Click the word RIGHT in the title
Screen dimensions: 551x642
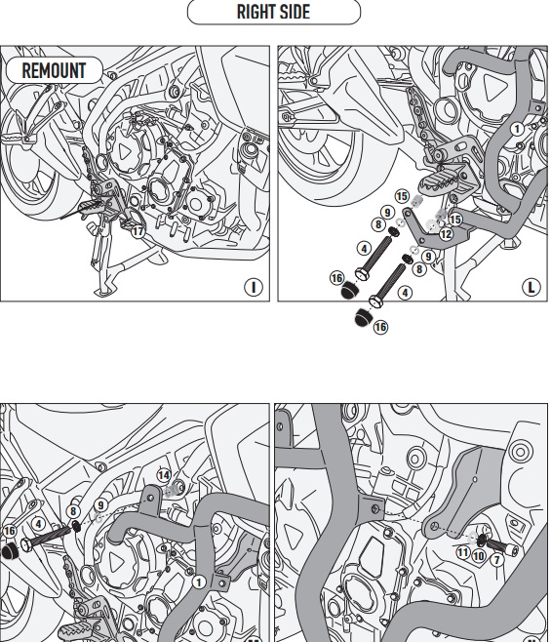point(256,12)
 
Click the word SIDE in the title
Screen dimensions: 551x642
point(295,12)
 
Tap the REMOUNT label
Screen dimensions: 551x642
point(54,70)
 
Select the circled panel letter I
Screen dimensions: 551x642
point(254,287)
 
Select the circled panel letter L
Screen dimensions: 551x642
point(531,287)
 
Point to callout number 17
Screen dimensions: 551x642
point(138,231)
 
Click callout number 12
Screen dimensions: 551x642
point(446,234)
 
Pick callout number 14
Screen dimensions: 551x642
point(164,475)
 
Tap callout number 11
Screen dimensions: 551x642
point(463,553)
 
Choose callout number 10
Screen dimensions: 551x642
point(479,556)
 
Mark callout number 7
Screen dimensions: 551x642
point(497,560)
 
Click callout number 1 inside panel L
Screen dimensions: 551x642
point(517,130)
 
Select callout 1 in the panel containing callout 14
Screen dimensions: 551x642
point(199,582)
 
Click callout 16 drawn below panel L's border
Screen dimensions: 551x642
point(380,327)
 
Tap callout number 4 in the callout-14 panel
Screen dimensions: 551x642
point(38,524)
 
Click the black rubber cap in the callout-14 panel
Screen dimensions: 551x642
point(9,551)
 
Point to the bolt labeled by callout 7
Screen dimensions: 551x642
point(499,546)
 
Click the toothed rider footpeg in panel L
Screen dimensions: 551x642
point(442,180)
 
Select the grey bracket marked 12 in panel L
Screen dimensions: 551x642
point(436,231)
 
